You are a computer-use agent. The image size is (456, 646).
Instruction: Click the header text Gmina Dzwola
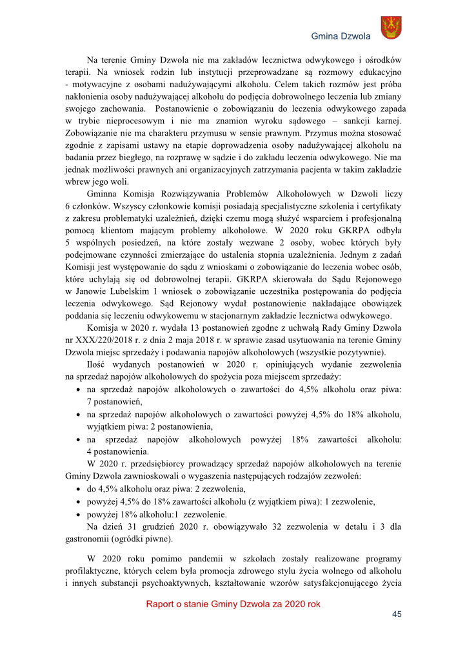coord(341,36)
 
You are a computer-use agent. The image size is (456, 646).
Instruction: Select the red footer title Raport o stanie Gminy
coord(233,604)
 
